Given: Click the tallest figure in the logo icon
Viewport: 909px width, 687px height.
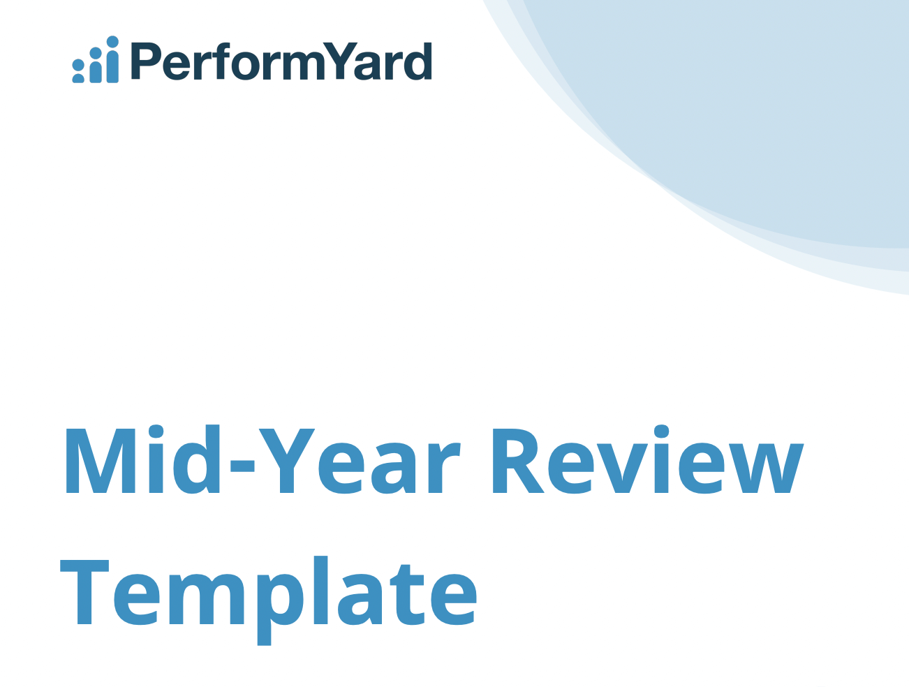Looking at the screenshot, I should click(x=112, y=61).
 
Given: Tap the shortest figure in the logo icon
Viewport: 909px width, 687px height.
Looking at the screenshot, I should click(x=78, y=72).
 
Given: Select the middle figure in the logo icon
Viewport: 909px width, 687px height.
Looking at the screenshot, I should click(x=96, y=66).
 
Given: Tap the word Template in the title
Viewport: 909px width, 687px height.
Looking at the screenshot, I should click(x=269, y=593).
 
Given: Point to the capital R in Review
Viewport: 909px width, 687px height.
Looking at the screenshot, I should click(x=517, y=461).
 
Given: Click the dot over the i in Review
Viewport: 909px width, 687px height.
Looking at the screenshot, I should click(x=662, y=431).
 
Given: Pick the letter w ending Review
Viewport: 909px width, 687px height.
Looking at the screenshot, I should click(x=767, y=468).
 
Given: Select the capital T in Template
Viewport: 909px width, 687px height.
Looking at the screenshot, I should click(x=84, y=591).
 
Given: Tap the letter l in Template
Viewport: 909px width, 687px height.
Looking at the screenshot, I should click(x=320, y=590).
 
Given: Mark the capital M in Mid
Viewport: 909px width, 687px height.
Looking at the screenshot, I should click(x=101, y=461).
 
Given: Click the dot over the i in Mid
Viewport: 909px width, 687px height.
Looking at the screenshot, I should click(x=156, y=431).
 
